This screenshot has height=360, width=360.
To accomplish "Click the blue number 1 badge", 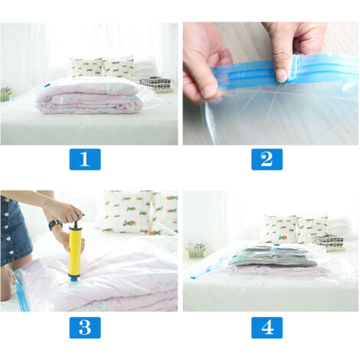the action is point(85,159).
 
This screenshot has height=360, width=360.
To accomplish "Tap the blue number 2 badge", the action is point(267,159).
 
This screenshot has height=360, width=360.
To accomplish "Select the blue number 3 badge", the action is point(85,328).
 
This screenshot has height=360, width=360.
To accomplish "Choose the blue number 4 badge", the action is point(267,328).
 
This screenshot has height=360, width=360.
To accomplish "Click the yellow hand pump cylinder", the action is point(75,251).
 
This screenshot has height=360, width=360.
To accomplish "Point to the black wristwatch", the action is point(56,224).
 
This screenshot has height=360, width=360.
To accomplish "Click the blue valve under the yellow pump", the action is point(74,279).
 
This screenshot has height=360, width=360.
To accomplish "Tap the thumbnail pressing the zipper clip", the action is point(283,76).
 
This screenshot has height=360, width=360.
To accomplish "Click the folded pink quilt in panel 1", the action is point(87,99).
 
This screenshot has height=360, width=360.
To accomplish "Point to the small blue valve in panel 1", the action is point(47,86).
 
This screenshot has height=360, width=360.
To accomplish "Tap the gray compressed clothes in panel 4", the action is point(273,255).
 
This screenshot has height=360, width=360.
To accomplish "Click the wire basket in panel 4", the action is point(328,241).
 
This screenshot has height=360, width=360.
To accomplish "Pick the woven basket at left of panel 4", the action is point(196,249).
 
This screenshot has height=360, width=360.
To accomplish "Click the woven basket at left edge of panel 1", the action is point(5,94).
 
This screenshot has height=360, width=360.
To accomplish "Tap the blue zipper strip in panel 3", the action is point(21,291).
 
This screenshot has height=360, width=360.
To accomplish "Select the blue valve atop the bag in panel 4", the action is point(276,245).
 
